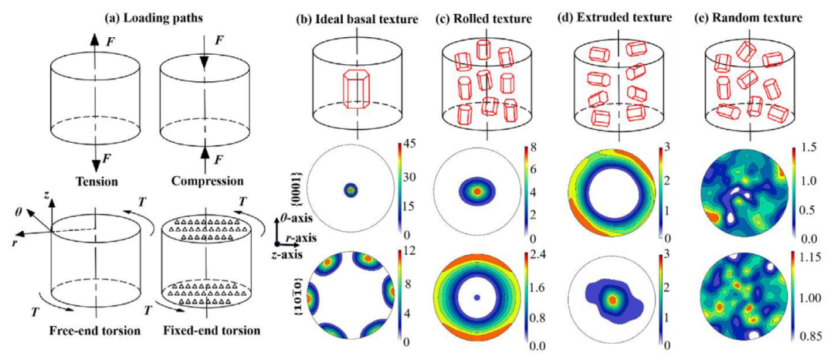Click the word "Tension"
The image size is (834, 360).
point(93,182)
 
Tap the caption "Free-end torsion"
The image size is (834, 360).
point(95,330)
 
